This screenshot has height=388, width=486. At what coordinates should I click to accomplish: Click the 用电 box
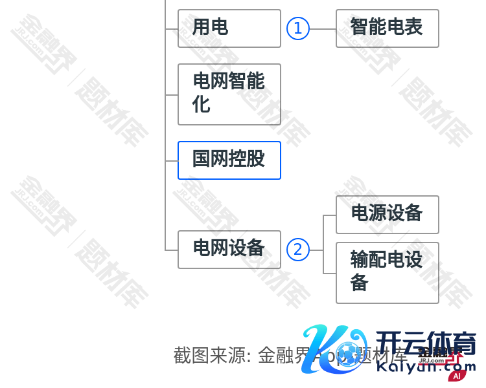tap(229, 28)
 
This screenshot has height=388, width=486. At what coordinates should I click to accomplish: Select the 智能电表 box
tap(387, 28)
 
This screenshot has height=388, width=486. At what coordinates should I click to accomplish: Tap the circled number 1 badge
tap(298, 28)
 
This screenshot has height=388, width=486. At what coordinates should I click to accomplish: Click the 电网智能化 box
tap(229, 94)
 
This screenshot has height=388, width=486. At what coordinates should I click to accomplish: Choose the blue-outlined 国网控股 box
tap(229, 160)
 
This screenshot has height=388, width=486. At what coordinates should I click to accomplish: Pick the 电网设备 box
tap(229, 250)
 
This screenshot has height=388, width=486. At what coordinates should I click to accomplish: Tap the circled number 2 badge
tap(298, 250)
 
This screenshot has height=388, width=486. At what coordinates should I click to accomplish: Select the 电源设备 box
tap(387, 215)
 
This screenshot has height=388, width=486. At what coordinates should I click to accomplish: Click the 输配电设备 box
tap(387, 273)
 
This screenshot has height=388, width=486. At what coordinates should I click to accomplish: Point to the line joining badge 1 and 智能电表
tap(323, 28)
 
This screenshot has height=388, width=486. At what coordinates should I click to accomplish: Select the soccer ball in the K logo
tap(351, 353)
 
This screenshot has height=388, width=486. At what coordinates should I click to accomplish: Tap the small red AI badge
tap(457, 376)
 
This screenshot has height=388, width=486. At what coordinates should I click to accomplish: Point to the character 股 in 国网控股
tap(256, 159)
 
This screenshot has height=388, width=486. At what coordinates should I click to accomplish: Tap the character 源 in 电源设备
tap(378, 213)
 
